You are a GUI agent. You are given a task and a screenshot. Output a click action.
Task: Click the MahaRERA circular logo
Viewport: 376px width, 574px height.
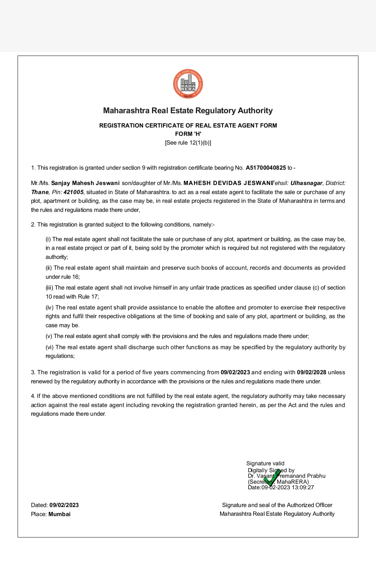(188, 84)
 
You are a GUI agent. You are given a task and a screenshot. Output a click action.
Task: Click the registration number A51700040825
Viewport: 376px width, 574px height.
(266, 168)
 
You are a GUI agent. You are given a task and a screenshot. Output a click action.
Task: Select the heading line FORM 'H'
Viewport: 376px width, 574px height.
(188, 134)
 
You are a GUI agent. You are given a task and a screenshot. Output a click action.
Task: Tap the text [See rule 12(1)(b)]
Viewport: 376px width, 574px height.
(188, 143)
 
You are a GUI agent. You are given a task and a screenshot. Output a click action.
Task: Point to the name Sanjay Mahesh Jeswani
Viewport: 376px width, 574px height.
(85, 183)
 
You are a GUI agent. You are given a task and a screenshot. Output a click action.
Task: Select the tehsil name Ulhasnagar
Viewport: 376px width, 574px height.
(306, 183)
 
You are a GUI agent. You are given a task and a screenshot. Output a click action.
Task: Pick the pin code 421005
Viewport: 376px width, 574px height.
(73, 192)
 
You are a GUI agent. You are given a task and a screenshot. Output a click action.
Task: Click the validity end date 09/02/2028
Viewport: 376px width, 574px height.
(311, 373)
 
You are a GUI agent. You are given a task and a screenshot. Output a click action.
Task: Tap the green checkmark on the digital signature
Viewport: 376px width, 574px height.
(272, 478)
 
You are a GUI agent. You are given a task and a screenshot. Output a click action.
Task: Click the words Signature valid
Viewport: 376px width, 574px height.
(265, 464)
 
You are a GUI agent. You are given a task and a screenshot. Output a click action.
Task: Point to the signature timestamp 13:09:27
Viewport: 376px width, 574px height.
(303, 488)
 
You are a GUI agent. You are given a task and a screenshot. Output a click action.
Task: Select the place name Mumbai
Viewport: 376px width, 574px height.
(60, 514)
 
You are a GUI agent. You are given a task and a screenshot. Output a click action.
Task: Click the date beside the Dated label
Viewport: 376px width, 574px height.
(64, 505)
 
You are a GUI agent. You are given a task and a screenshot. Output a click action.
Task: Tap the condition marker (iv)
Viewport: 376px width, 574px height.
(50, 308)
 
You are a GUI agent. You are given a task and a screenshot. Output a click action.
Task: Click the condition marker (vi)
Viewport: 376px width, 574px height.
(50, 347)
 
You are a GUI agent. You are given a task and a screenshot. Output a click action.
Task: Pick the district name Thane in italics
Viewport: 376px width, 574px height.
(40, 192)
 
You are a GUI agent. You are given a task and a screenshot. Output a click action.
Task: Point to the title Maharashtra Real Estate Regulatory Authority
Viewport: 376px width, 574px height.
(188, 111)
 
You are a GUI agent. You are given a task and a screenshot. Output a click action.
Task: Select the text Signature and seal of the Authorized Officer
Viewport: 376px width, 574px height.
(277, 505)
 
